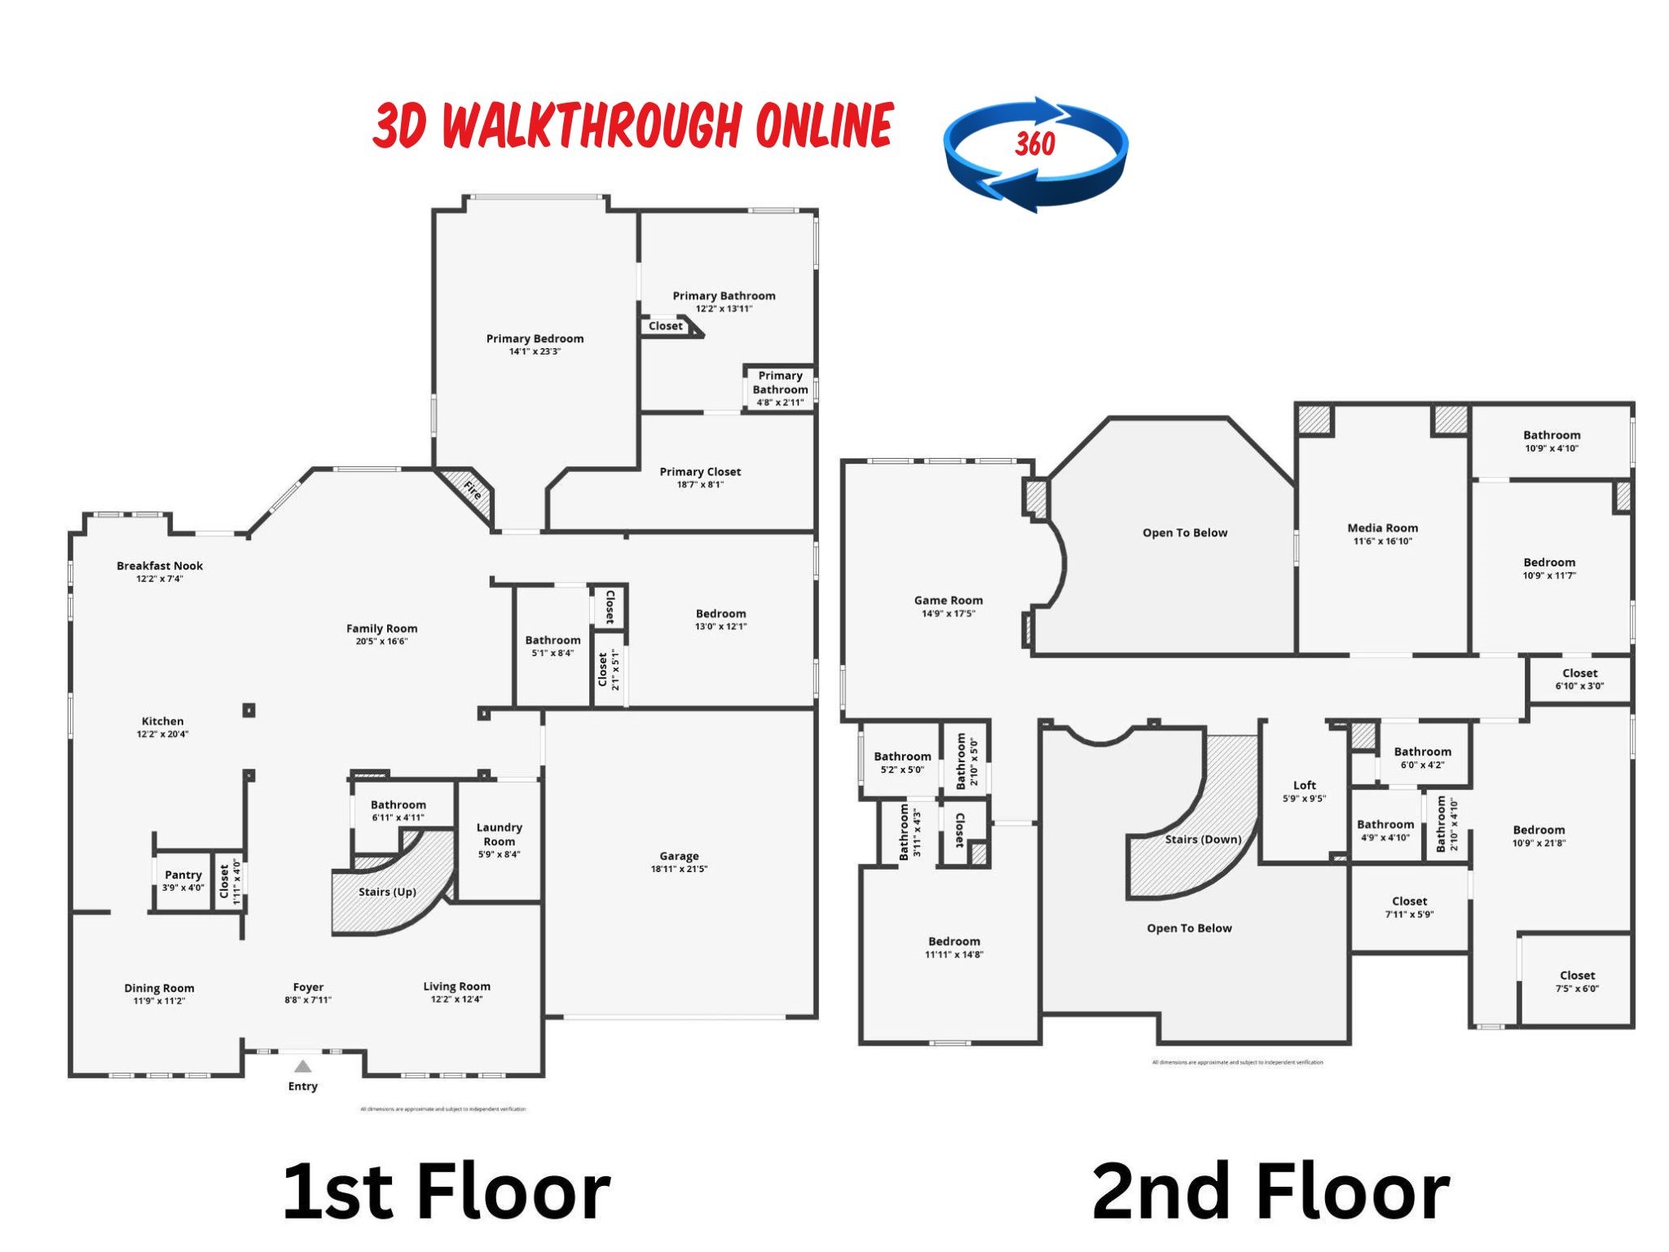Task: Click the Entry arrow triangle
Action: (x=302, y=1066)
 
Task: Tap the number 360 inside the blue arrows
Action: (x=1034, y=145)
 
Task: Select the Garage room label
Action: (x=679, y=856)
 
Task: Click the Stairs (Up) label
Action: (x=387, y=892)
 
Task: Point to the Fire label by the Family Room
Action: (x=473, y=490)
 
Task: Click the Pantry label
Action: (x=183, y=875)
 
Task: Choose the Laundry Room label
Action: (x=499, y=834)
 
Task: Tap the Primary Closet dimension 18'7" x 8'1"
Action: (x=700, y=485)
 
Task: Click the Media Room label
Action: (x=1382, y=527)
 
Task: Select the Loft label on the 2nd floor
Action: (x=1304, y=785)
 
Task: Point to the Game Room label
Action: (x=948, y=600)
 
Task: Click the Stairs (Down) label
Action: (x=1203, y=839)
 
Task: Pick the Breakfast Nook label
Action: (x=160, y=566)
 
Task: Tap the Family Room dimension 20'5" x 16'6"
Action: (x=381, y=641)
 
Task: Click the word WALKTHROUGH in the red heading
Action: (x=593, y=126)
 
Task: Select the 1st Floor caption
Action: (x=447, y=1192)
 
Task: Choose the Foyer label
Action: (x=308, y=987)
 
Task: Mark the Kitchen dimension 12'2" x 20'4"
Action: (x=162, y=734)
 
